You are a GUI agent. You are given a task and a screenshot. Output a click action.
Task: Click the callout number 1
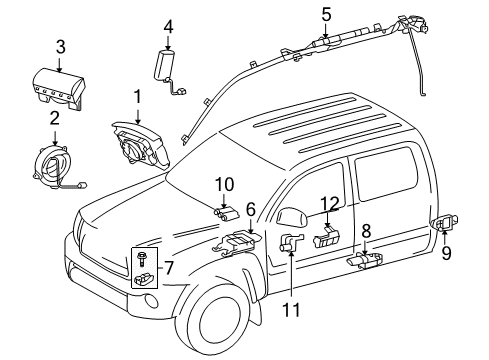point(137,95)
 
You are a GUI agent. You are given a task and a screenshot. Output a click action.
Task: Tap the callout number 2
point(55,117)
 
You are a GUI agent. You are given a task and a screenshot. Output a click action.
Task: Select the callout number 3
point(60,46)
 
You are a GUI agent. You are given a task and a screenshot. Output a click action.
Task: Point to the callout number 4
point(168,26)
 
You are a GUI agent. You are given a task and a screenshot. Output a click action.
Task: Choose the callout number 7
point(167,267)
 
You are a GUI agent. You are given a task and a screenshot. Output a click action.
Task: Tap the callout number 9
point(446,253)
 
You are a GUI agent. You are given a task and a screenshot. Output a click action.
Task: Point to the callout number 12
point(329,205)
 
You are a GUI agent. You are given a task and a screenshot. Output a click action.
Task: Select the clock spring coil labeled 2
point(50,163)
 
